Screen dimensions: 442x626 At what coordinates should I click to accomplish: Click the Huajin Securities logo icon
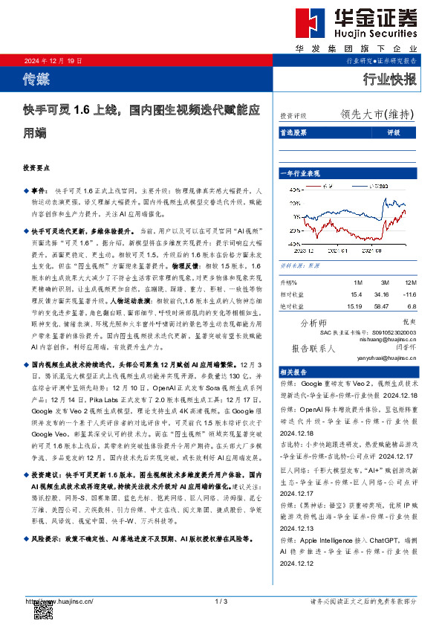pos(308,24)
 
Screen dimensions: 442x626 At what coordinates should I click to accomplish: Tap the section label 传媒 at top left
pos(36,77)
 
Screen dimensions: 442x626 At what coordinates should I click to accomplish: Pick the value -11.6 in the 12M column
pos(408,294)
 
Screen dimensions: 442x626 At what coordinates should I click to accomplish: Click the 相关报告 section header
pos(295,372)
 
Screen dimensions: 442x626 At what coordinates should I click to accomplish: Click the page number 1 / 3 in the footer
pos(221,600)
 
